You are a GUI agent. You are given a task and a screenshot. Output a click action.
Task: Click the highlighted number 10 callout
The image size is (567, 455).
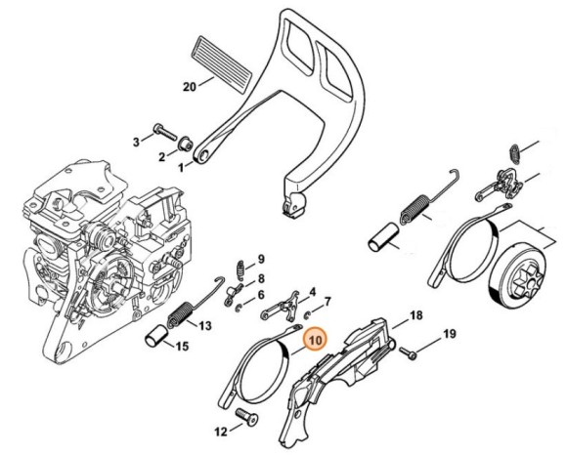(x=314, y=341)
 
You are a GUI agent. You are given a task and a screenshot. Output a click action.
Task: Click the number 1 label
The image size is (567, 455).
(x=180, y=167)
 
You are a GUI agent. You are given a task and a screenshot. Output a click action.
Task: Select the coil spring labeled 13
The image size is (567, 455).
(x=179, y=315)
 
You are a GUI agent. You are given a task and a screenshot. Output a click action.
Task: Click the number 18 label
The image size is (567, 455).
(x=415, y=315)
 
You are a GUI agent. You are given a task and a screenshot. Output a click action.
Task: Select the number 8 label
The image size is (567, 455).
(x=261, y=278)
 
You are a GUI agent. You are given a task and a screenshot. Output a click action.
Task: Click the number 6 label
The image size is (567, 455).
(x=260, y=295)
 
